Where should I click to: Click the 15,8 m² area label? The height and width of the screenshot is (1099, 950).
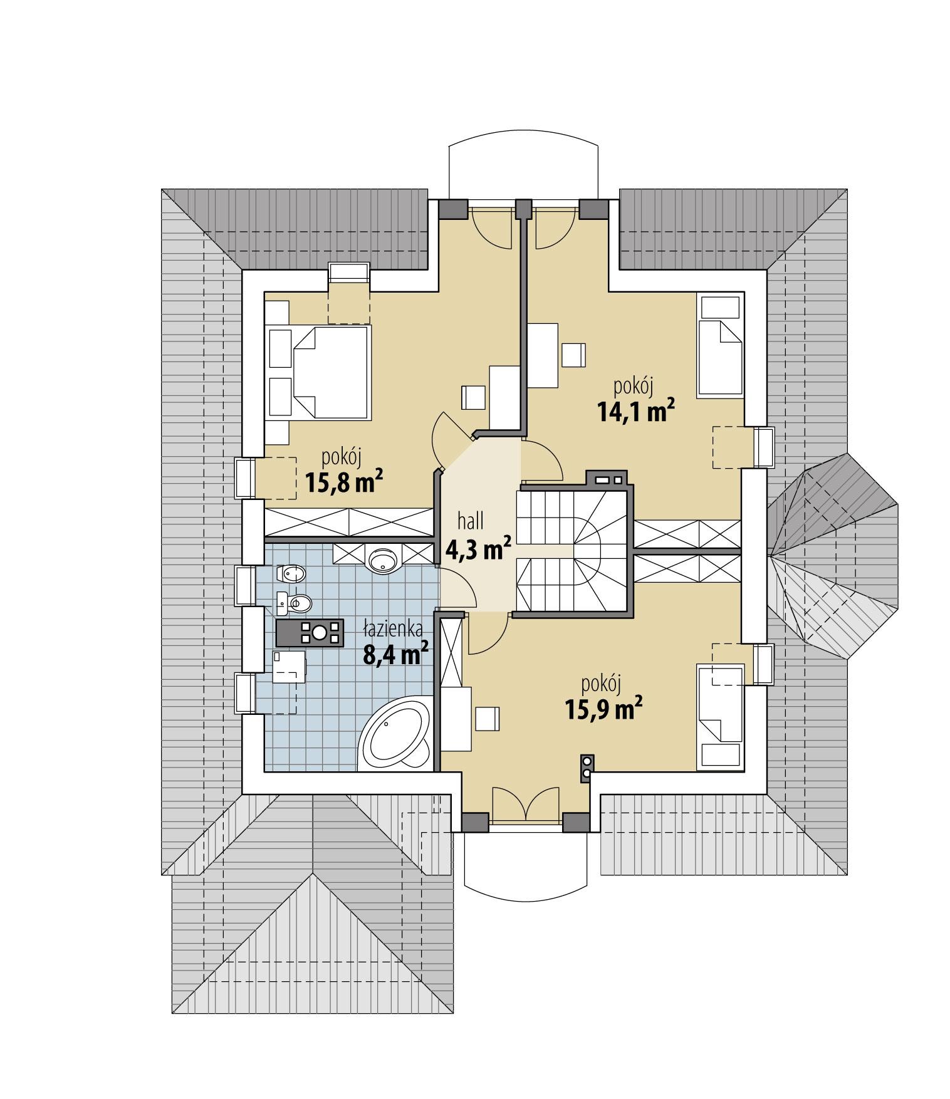click(343, 483)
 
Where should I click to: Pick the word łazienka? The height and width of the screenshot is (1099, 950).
click(394, 628)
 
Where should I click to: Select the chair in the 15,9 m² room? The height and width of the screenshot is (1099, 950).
click(488, 718)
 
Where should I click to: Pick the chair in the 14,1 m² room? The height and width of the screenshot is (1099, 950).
click(573, 355)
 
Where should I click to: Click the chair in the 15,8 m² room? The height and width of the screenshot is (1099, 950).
click(473, 398)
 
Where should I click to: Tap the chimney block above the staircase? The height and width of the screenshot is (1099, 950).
click(605, 480)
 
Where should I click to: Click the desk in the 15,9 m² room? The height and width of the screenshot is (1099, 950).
click(456, 718)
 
